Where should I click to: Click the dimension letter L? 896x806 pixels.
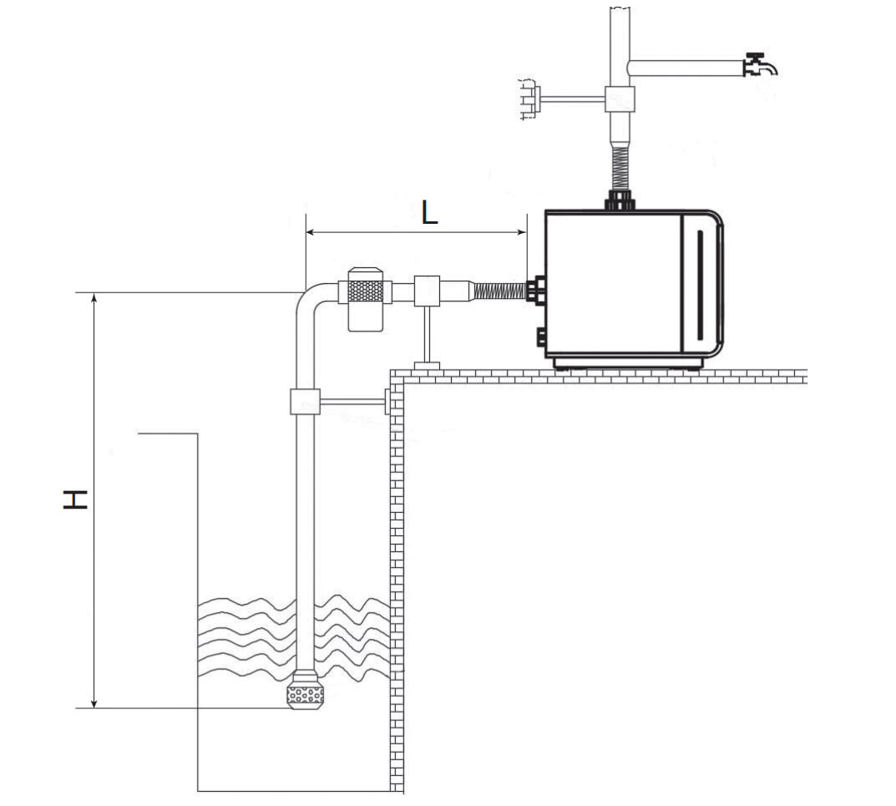[x=429, y=213]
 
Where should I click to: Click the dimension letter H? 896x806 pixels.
[x=75, y=499]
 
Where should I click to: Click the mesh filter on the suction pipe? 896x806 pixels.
[x=365, y=291]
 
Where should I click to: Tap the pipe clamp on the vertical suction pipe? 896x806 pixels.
[x=305, y=401]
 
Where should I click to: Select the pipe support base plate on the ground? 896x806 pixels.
[x=427, y=366]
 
